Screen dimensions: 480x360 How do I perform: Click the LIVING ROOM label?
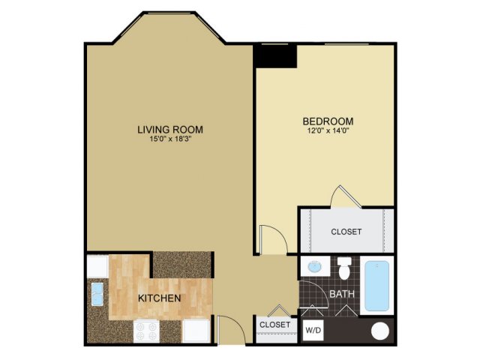170,130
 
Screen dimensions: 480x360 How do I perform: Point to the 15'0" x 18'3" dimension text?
170,139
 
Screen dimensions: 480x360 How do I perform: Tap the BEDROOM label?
328,121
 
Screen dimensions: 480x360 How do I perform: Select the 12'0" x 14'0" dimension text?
328,131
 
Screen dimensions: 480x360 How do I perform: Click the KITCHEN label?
160,298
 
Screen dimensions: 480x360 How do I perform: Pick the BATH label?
342,294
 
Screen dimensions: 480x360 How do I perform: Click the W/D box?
313,330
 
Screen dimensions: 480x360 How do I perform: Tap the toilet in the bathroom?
345,268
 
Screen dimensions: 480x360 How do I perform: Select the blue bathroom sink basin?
314,267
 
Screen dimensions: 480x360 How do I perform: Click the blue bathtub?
376,286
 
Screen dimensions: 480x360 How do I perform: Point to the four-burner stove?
146,331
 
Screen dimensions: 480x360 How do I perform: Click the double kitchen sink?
97,294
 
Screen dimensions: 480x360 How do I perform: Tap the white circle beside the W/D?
380,331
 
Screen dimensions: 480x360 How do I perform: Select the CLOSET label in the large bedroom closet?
346,232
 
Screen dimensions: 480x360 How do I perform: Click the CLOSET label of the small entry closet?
275,324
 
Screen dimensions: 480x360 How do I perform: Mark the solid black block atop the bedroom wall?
275,56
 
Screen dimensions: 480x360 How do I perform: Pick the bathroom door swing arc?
321,287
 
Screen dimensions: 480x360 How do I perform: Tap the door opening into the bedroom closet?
346,196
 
